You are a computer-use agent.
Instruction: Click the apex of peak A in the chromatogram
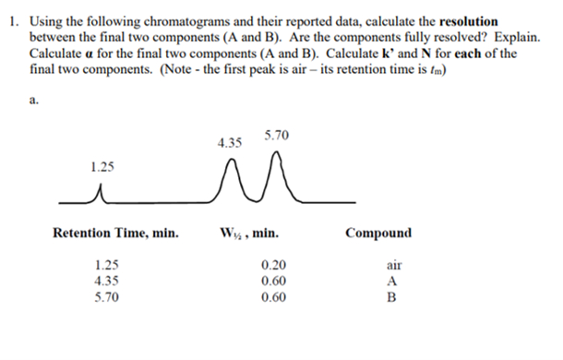tap(230, 162)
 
